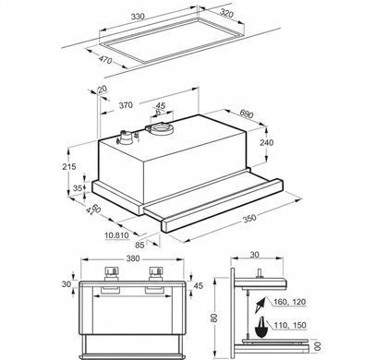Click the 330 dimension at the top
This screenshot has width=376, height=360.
click(138, 17)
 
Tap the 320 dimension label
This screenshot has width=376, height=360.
click(227, 13)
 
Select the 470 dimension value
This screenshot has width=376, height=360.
click(105, 59)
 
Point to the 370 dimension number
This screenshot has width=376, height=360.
click(126, 105)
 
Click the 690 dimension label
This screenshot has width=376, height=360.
click(246, 114)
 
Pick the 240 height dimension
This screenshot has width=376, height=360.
click(266, 142)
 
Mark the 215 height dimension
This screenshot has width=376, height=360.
click(69, 166)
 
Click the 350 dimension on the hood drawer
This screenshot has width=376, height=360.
click(249, 218)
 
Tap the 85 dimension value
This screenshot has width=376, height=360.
click(139, 245)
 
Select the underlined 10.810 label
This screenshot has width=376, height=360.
click(116, 235)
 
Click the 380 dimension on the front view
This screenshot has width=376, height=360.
click(133, 258)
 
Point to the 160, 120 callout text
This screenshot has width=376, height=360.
click(290, 302)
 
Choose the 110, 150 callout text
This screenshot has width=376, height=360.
click(290, 325)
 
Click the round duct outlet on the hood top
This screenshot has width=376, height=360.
click(160, 128)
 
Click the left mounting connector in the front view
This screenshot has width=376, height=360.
click(111, 273)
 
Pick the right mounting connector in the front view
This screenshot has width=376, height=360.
click(155, 273)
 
